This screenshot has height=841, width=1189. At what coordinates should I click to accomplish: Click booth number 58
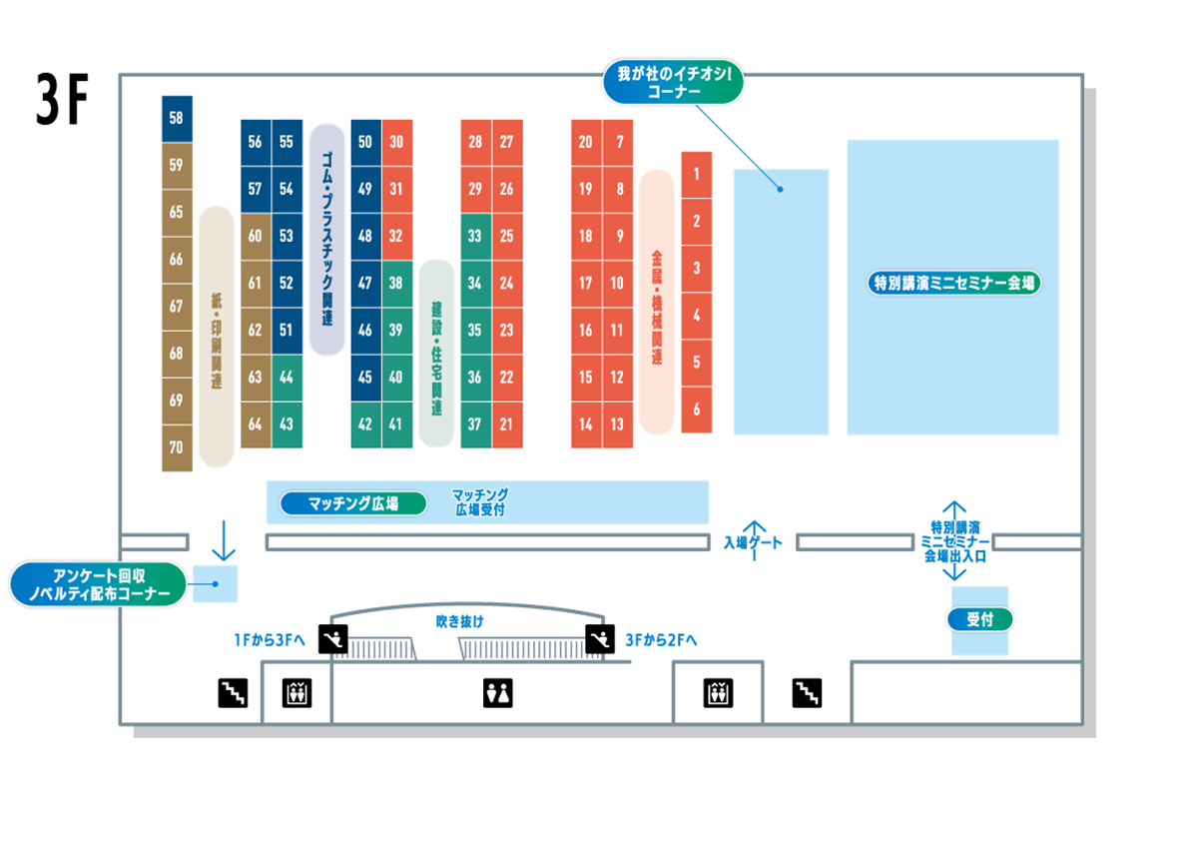177,118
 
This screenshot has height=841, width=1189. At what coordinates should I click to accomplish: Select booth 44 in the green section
287,378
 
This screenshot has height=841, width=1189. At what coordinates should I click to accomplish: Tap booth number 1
696,175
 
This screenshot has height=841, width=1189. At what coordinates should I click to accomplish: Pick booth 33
475,237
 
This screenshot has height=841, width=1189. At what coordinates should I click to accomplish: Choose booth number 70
177,448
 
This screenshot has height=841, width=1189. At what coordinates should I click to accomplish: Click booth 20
586,143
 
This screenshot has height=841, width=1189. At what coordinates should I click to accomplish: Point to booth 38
396,284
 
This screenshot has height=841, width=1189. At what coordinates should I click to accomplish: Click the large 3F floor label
62,99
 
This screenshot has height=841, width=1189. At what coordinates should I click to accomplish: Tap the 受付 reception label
979,619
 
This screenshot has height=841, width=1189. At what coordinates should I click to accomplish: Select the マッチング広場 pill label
353,503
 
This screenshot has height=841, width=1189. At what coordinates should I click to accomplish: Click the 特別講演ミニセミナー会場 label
954,283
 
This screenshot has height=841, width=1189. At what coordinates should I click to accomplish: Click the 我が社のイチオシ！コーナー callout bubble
673,82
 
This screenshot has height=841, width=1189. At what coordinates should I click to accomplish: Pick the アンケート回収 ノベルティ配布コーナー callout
98,584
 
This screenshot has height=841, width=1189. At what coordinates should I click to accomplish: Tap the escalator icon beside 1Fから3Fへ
332,638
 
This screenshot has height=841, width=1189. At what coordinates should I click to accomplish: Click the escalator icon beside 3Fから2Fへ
600,638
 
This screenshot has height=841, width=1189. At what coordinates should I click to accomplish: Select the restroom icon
498,693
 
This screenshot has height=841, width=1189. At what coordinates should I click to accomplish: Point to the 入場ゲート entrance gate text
753,543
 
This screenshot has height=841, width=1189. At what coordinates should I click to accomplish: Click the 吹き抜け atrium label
459,622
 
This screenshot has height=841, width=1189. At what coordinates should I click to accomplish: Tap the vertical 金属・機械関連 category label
657,308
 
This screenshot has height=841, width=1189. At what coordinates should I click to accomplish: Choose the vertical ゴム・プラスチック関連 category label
327,238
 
